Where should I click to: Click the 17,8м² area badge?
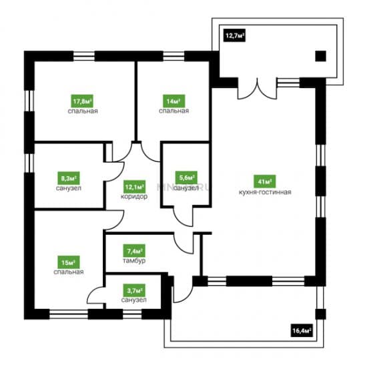tap(82, 101)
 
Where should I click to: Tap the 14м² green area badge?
tap(174, 101)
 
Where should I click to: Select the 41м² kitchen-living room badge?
tap(265, 181)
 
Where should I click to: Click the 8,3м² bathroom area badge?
tap(69, 178)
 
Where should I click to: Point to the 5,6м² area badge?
tap(186, 177)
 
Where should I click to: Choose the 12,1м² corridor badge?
tap(134, 187)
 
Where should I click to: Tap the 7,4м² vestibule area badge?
tap(134, 251)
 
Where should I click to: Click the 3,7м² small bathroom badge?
tap(134, 290)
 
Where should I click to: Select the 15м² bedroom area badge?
tap(69, 262)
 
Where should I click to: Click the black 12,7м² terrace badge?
tap(234, 35)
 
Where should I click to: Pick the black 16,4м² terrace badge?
tap(302, 330)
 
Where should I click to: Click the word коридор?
tap(134, 197)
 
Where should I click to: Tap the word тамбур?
tap(134, 260)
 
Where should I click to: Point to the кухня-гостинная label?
tap(265, 192)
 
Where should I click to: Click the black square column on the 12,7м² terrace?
tap(321, 56)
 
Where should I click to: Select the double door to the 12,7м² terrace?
tap(258, 89)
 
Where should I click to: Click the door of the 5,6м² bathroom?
tap(183, 216)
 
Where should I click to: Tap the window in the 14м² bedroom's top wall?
tap(173, 56)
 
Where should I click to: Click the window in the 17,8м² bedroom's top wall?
tap(84, 56)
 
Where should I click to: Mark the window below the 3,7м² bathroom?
tap(132, 314)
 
